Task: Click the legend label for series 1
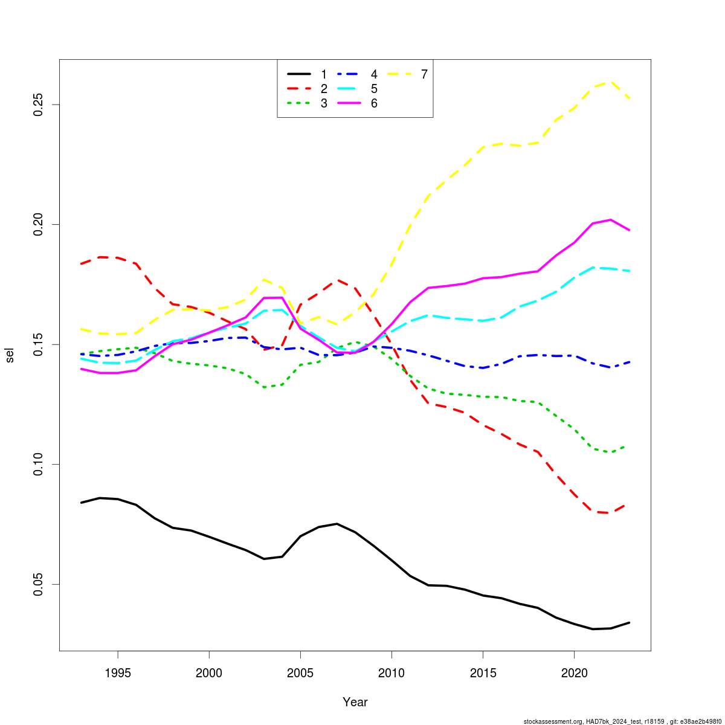(324, 74)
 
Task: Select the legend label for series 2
(324, 89)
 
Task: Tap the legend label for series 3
(324, 103)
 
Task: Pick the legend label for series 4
(374, 74)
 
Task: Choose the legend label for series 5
(374, 89)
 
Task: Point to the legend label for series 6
(374, 103)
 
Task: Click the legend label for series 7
(424, 74)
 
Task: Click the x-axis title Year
(355, 702)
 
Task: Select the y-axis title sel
(10, 355)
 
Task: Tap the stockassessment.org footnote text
(622, 721)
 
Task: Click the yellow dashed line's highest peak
(610, 82)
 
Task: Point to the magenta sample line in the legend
(349, 103)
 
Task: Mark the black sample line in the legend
(299, 74)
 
